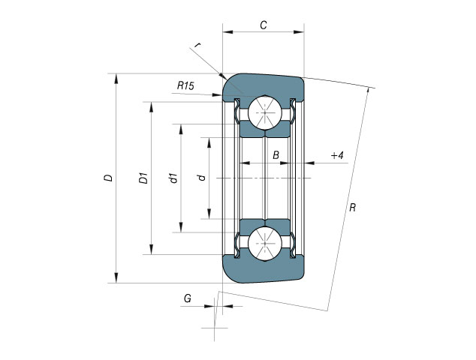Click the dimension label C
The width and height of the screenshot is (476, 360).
[264, 25]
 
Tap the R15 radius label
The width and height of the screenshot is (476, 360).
[185, 85]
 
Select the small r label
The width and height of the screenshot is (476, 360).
[197, 46]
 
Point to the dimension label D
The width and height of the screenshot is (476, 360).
[108, 178]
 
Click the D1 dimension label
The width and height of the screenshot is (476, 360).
[143, 178]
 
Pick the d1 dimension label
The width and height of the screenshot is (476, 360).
[173, 178]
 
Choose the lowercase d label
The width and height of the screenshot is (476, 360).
[201, 178]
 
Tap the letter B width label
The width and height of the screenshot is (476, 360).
[276, 155]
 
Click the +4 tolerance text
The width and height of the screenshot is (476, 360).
[337, 155]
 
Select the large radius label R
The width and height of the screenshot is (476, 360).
[352, 208]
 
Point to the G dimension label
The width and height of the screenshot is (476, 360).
[188, 298]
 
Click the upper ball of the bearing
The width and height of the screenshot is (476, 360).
[265, 112]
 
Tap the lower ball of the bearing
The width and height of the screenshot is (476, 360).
[265, 243]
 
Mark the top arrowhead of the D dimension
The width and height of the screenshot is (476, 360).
[116, 78]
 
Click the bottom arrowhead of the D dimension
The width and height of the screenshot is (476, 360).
[116, 277]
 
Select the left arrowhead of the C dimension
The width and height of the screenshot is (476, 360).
[227, 31]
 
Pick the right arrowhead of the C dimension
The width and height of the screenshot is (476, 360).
[299, 31]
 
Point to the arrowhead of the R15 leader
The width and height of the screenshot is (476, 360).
[217, 95]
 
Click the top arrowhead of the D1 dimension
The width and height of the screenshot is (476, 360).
[152, 107]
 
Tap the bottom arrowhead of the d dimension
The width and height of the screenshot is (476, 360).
[209, 214]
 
